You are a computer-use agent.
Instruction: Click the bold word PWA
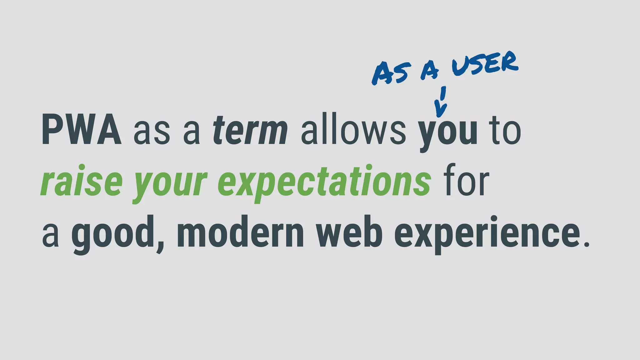pos(81,130)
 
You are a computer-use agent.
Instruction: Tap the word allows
pos(353,130)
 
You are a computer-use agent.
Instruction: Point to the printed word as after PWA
pos(152,133)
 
